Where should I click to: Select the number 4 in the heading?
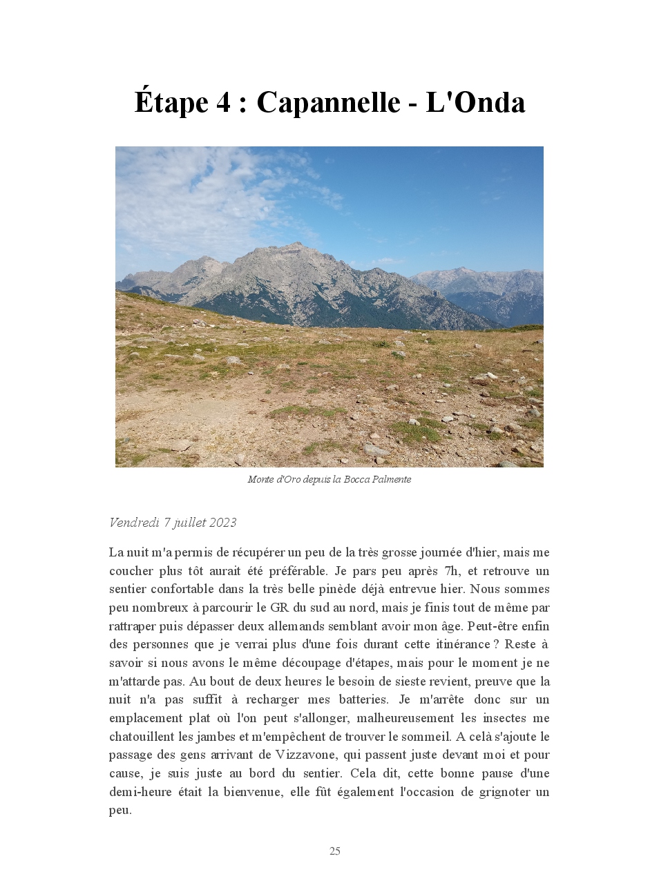223,103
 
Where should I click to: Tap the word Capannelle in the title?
328,103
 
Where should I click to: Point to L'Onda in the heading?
475,103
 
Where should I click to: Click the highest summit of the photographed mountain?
297,244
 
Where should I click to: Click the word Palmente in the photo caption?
392,479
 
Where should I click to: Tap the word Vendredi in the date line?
134,523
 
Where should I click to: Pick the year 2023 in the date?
222,523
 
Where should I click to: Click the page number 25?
335,851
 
